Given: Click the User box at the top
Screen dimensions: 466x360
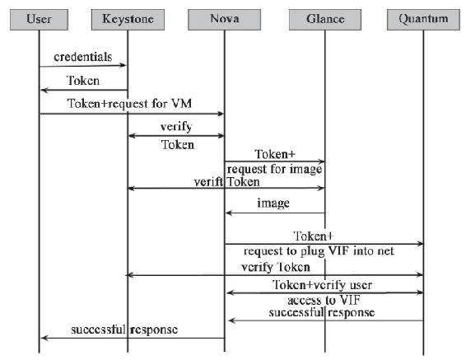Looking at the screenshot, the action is point(39,20).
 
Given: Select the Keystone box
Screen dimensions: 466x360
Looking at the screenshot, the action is point(128,20).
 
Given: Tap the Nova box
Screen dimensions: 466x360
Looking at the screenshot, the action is point(225,20).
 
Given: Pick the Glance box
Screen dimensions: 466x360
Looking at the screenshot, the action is point(325,20).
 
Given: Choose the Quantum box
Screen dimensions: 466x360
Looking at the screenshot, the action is point(423,20).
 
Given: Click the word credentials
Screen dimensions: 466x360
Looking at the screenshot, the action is point(83,57).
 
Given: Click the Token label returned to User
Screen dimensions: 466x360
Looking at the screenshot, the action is point(83,81).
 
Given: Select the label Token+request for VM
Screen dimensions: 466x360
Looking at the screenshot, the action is point(129,104).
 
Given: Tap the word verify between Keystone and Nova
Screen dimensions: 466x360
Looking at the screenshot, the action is point(176,127).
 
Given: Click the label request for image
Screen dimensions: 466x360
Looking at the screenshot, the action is point(274,169).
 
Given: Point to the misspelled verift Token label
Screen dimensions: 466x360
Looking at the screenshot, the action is point(226,181).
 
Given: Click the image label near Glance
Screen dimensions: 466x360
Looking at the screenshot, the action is point(273,203).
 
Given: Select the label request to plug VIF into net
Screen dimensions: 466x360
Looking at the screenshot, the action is point(319,251).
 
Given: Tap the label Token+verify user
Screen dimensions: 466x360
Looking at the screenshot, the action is point(322,285).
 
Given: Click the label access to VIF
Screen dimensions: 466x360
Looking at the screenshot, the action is point(324,300).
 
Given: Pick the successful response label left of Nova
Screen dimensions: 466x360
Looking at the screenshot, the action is point(124,330).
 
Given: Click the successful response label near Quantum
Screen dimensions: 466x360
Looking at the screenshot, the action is point(322,312).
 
